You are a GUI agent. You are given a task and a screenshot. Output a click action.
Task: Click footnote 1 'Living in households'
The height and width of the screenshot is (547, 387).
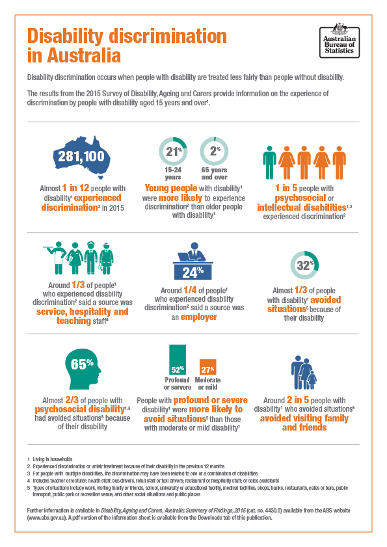pyautogui.click(x=53, y=460)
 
